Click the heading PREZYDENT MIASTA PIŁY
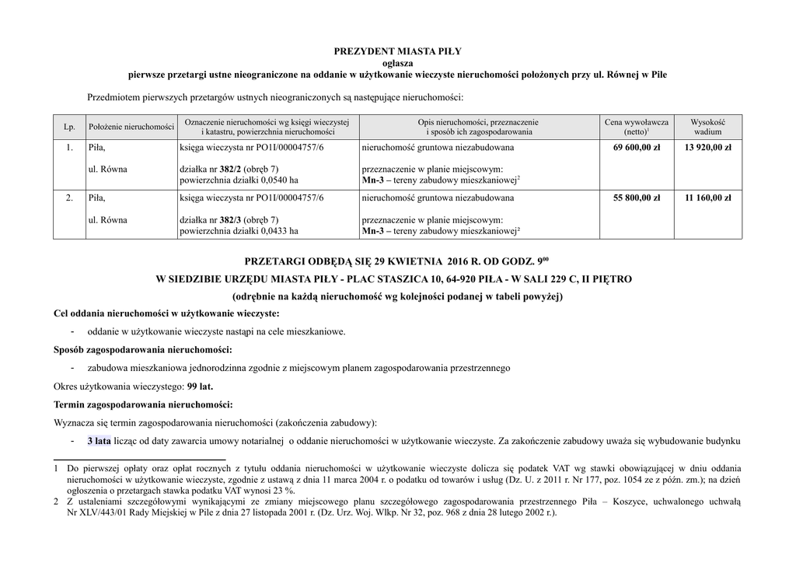[397, 51]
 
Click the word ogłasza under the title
[397, 63]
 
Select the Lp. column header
[68, 127]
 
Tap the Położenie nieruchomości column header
[131, 127]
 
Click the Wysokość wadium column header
[707, 127]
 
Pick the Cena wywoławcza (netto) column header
[636, 127]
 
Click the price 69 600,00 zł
[637, 147]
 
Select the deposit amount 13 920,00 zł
[707, 147]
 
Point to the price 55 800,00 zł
[637, 198]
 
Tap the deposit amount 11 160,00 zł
[707, 198]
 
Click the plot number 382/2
[230, 170]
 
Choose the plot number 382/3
[230, 220]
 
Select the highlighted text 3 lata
[99, 442]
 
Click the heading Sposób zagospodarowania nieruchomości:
[143, 349]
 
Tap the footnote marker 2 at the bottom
[56, 502]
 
